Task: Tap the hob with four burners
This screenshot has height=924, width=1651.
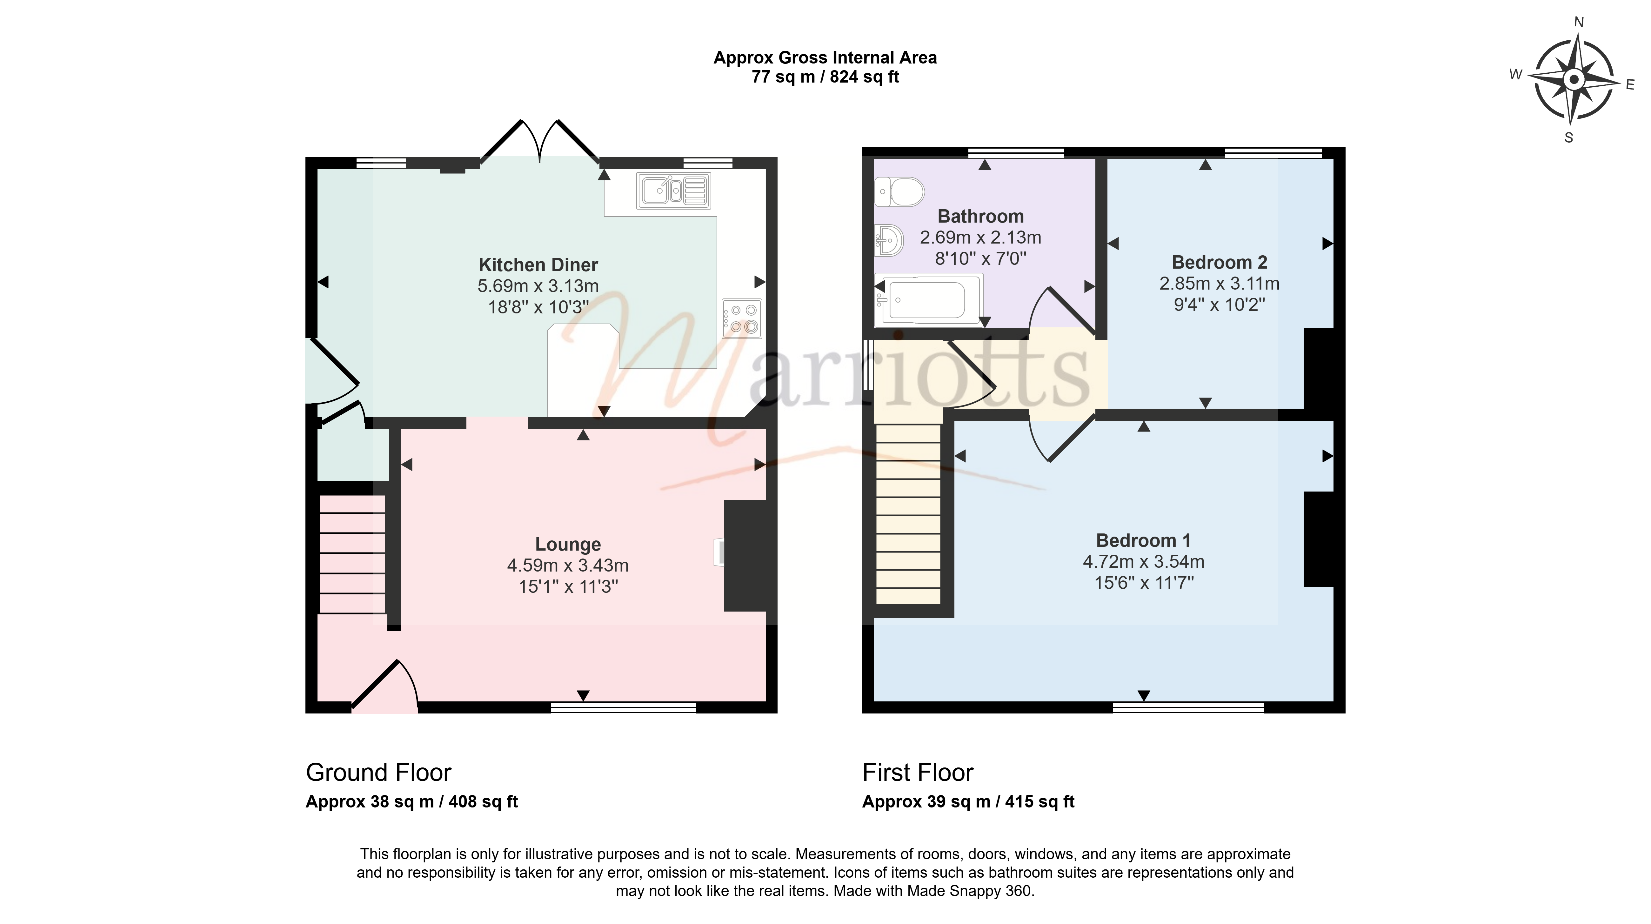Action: click(x=742, y=318)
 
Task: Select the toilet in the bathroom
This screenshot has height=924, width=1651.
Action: click(x=899, y=191)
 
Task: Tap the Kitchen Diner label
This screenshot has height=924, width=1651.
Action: click(x=538, y=264)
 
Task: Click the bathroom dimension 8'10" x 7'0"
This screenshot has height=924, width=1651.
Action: click(x=981, y=258)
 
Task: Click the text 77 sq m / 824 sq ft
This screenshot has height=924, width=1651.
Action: click(x=825, y=77)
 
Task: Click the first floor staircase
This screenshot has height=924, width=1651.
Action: click(x=908, y=514)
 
